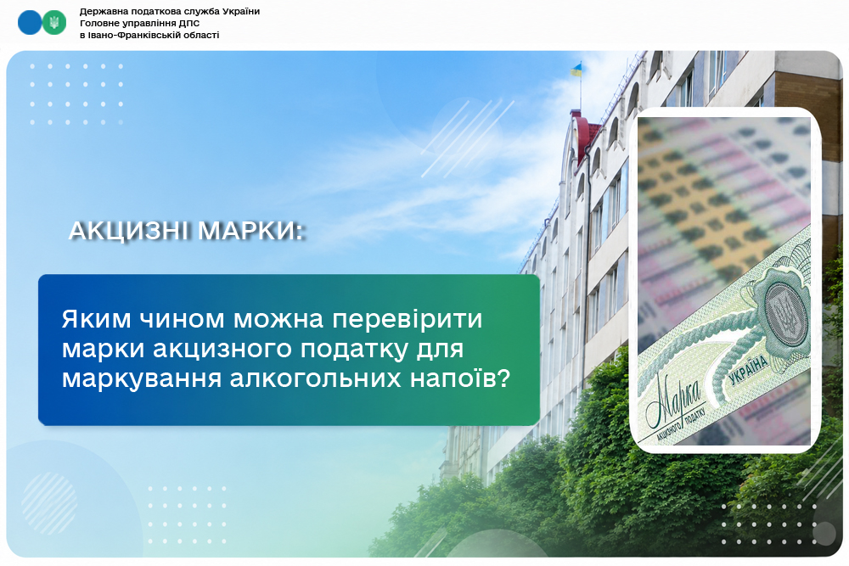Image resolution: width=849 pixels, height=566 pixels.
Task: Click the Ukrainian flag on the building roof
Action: click(x=576, y=70)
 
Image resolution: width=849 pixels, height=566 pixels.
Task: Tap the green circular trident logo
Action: click(x=54, y=23)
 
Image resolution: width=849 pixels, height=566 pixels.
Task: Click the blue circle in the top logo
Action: click(x=30, y=23)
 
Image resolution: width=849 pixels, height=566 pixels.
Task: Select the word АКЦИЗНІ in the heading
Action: click(x=128, y=231)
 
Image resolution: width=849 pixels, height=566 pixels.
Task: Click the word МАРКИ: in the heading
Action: click(x=250, y=231)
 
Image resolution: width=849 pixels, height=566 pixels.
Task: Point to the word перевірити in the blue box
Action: click(x=408, y=319)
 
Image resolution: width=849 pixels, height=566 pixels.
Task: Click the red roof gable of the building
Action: click(x=585, y=134)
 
